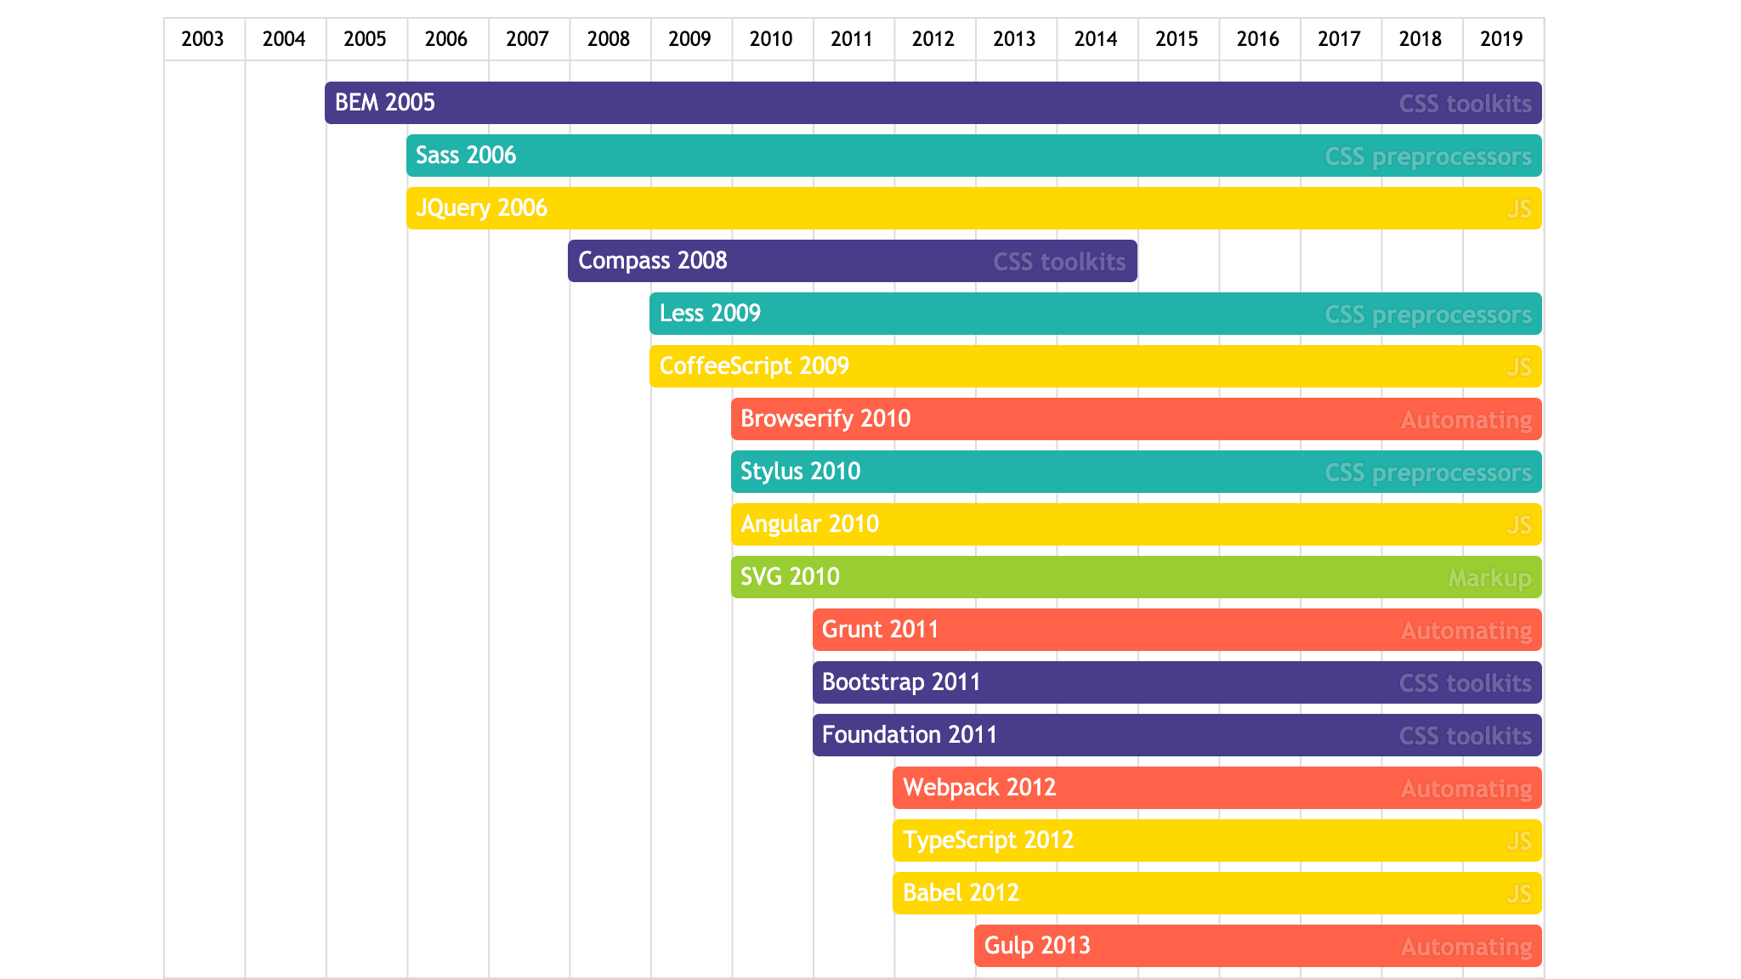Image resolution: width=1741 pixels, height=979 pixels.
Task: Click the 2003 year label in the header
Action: point(202,39)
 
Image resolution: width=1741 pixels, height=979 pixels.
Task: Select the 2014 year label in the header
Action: point(1096,39)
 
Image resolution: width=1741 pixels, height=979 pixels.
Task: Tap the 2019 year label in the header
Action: point(1501,39)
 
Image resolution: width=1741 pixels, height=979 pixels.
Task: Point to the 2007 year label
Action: point(527,39)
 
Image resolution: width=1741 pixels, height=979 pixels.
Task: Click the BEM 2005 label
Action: point(385,103)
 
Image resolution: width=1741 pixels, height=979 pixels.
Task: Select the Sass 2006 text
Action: point(466,156)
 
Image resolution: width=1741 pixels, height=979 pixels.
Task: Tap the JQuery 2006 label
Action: point(481,208)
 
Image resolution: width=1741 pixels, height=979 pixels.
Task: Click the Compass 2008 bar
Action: point(850,261)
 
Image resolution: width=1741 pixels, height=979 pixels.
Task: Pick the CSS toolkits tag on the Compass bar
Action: point(1059,262)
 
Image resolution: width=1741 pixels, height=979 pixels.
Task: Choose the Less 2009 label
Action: point(710,314)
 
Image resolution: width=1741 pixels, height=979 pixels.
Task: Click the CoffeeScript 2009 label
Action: point(754,366)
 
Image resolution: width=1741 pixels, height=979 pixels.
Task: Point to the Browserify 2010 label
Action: point(825,419)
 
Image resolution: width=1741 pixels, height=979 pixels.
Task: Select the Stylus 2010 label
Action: point(801,472)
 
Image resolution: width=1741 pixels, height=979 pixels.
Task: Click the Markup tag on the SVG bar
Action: point(1489,579)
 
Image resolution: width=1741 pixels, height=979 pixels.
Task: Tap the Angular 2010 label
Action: point(809,524)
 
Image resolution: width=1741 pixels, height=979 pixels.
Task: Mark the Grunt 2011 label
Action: point(880,630)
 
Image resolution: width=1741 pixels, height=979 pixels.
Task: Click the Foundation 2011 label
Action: point(910,735)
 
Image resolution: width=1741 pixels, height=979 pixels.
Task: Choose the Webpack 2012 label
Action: point(979,788)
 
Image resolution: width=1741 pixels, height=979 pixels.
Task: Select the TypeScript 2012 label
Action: point(989,840)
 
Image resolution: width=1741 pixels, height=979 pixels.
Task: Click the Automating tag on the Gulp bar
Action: point(1466,947)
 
